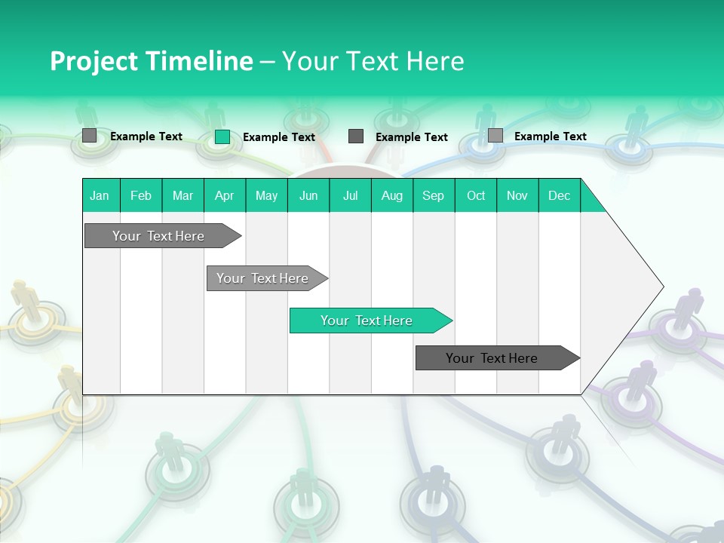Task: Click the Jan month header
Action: click(100, 195)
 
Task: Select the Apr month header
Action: click(225, 195)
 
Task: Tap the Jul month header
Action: click(351, 195)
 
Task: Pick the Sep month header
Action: click(433, 195)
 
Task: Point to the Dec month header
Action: click(559, 195)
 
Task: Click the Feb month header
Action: click(141, 195)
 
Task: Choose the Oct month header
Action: click(476, 195)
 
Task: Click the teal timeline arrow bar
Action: click(367, 321)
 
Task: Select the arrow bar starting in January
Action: click(158, 236)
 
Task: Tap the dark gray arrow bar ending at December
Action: click(492, 358)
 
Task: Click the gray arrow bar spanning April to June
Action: click(262, 278)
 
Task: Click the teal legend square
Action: click(222, 137)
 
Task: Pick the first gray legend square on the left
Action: click(90, 136)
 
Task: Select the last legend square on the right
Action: click(495, 136)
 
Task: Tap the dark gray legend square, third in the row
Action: click(356, 137)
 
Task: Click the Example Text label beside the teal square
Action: click(279, 137)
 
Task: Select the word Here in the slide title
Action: click(435, 61)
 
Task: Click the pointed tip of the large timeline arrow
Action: click(661, 287)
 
